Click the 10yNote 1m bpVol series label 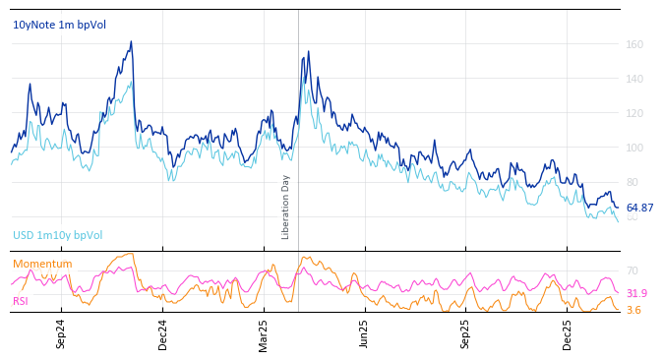pyautogui.click(x=59, y=25)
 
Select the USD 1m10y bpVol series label pyautogui.click(x=57, y=235)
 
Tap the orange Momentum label pyautogui.click(x=42, y=264)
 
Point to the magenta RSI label pyautogui.click(x=21, y=301)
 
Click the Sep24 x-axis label pyautogui.click(x=61, y=334)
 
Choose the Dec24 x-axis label pyautogui.click(x=163, y=334)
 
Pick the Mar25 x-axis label pyautogui.click(x=264, y=334)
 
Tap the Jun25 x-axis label pyautogui.click(x=364, y=334)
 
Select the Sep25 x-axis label pyautogui.click(x=465, y=334)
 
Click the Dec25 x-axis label pyautogui.click(x=567, y=334)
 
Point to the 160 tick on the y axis pyautogui.click(x=634, y=44)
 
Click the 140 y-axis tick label pyautogui.click(x=634, y=79)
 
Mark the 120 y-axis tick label pyautogui.click(x=634, y=113)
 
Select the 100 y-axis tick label pyautogui.click(x=634, y=148)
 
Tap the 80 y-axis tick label pyautogui.click(x=632, y=182)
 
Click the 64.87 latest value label pyautogui.click(x=639, y=208)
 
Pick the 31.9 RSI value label pyautogui.click(x=636, y=293)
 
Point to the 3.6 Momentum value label pyautogui.click(x=633, y=310)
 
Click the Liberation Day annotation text pyautogui.click(x=286, y=207)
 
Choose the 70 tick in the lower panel pyautogui.click(x=632, y=270)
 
